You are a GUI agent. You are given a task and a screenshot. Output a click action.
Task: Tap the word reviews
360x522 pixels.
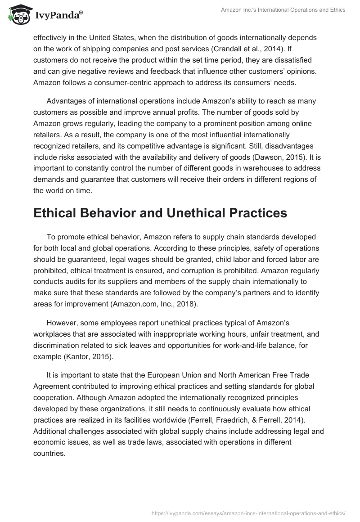coord(129,71)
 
